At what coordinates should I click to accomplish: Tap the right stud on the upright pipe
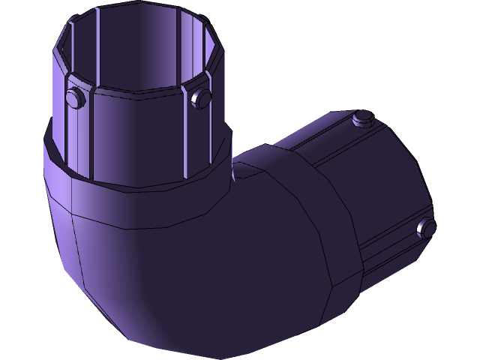[x=201, y=98]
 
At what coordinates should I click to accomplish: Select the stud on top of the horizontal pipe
[x=363, y=118]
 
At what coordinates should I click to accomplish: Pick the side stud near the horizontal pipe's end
[x=425, y=227]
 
